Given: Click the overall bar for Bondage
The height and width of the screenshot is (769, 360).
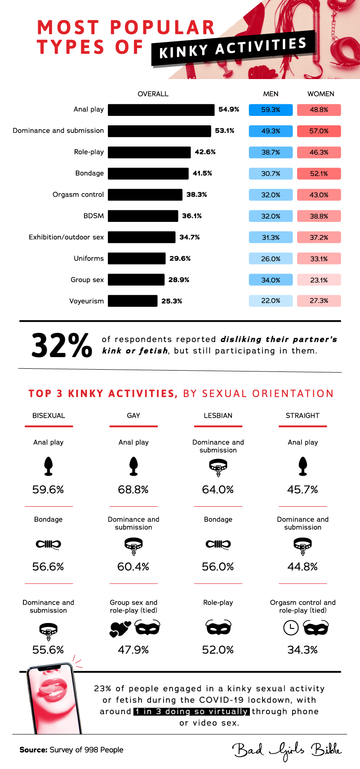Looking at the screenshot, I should (x=148, y=173).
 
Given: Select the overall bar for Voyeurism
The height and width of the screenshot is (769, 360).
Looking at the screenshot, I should (x=133, y=301).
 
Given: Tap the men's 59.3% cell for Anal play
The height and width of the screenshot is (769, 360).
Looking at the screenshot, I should (x=271, y=110).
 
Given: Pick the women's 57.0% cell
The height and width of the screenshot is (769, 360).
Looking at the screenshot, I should (x=319, y=131).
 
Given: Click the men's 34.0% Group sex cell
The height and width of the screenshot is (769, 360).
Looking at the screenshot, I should (x=271, y=280).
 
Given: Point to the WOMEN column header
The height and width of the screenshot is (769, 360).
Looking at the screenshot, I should (x=320, y=94).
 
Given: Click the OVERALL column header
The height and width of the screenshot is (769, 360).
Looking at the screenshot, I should (x=153, y=94).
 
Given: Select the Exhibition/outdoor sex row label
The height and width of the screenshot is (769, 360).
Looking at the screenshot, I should (x=66, y=237).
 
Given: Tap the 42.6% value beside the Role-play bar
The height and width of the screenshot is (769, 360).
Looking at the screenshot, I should (x=205, y=152).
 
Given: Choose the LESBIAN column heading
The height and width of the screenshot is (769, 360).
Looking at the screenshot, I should (x=218, y=415).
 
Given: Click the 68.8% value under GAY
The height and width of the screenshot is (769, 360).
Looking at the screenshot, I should (x=133, y=490).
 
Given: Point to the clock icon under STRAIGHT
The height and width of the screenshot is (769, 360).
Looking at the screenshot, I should (x=291, y=628).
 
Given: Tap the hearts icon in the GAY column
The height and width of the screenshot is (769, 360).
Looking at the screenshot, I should (x=120, y=628).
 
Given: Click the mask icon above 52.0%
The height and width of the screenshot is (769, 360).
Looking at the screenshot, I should (x=218, y=628).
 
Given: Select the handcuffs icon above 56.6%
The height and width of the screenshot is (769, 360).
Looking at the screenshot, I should (x=48, y=544).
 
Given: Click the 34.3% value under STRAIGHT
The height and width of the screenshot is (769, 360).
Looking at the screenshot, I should (x=302, y=650).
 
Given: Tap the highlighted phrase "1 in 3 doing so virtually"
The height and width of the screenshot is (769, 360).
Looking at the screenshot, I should (x=191, y=712).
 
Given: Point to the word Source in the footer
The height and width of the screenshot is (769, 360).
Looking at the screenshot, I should (x=33, y=750).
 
